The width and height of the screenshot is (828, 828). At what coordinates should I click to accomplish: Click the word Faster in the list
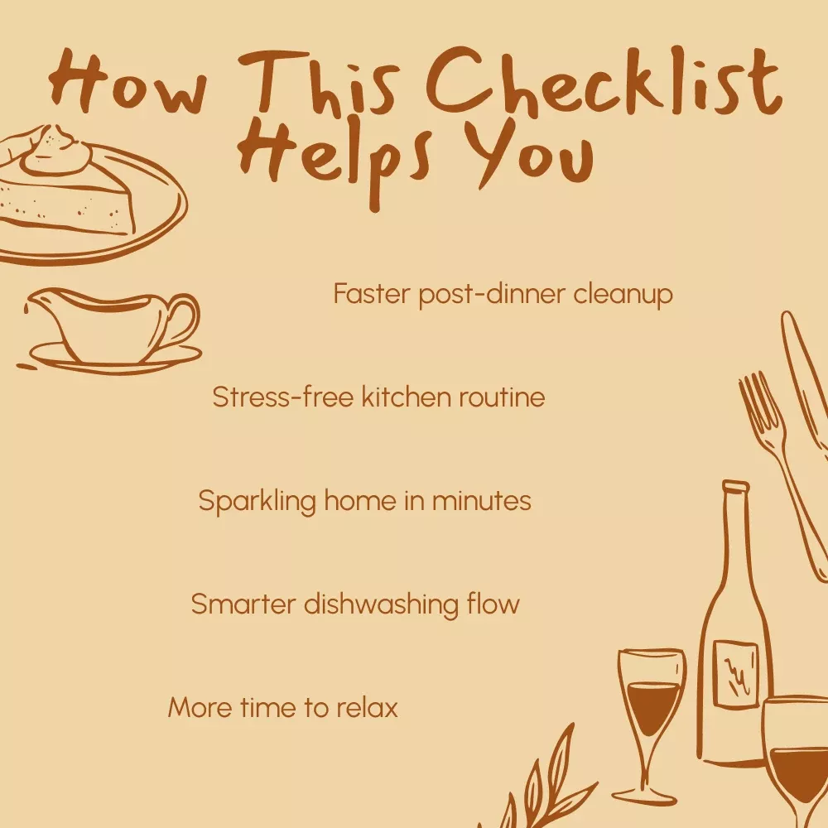pos(372,293)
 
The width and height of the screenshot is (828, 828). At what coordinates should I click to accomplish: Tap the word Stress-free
pos(282,397)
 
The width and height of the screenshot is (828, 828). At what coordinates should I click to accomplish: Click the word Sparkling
pos(258,502)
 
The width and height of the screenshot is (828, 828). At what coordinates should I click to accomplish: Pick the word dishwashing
pos(381,604)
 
